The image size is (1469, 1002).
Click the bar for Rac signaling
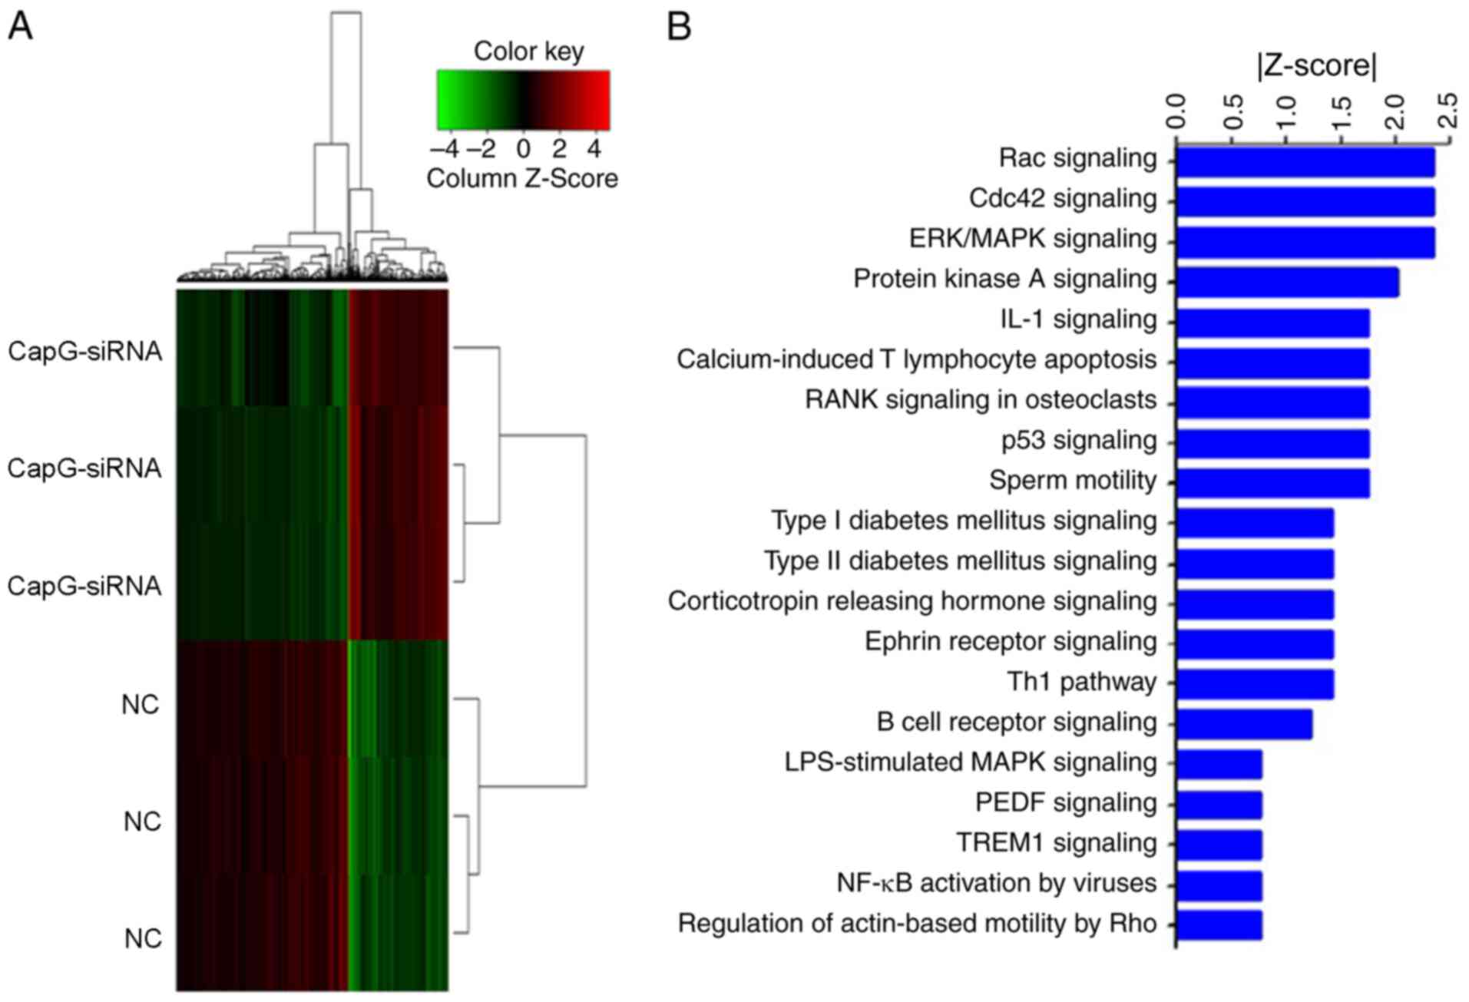click(1305, 162)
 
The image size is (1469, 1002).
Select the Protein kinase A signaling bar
click(1287, 282)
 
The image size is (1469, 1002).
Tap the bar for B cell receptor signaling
click(1244, 724)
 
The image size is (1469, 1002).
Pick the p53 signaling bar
click(1272, 443)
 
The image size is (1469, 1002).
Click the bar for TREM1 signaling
click(1219, 845)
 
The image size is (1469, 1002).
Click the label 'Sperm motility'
click(1072, 481)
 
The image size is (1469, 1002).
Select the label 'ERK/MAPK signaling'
click(1032, 239)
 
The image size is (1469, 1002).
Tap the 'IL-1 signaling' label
click(1077, 319)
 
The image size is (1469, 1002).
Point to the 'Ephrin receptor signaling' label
click(1010, 642)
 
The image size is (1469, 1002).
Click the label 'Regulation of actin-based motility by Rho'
click(917, 924)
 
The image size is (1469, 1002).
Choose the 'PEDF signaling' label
click(1065, 803)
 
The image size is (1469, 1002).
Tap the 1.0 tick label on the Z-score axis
click(1285, 112)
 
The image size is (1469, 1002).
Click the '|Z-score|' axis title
click(1316, 66)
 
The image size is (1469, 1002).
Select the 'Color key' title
click(528, 51)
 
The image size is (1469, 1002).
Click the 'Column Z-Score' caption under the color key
click(521, 179)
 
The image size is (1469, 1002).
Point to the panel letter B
click(679, 27)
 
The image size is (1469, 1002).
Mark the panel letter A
click(20, 27)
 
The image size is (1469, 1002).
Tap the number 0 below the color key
click(523, 148)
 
